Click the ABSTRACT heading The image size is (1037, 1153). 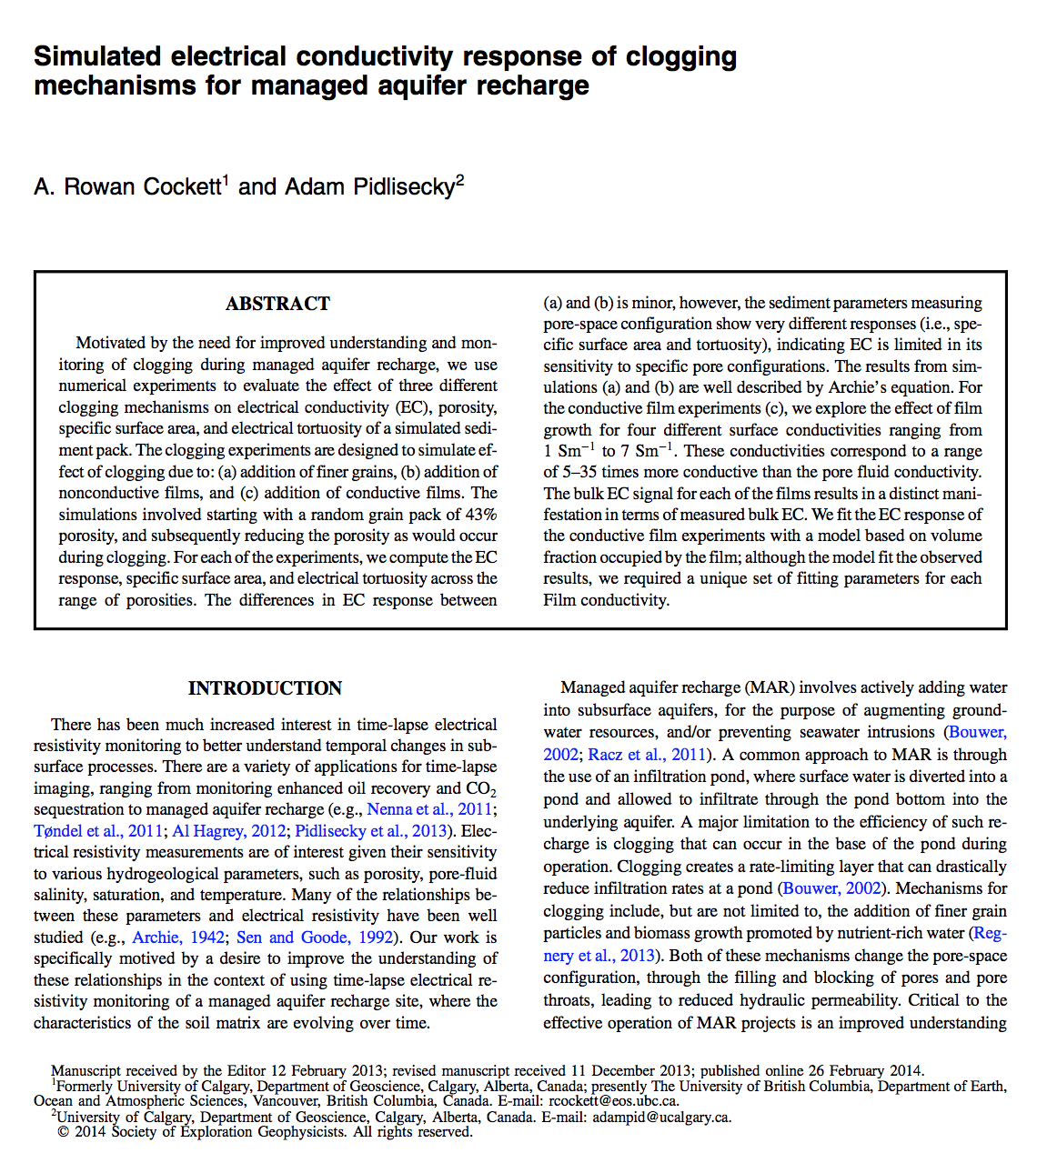point(277,304)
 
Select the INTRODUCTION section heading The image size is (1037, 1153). point(265,688)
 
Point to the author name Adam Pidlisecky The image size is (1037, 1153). point(369,187)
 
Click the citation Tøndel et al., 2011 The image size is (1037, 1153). point(98,831)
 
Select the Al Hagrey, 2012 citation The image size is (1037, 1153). point(229,831)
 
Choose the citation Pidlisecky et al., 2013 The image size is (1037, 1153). point(372,831)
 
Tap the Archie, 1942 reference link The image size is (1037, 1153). point(178,937)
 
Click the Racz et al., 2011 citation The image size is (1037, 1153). point(648,755)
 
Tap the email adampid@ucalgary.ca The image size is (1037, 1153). point(661,1117)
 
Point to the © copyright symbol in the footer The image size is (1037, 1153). point(63,1132)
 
